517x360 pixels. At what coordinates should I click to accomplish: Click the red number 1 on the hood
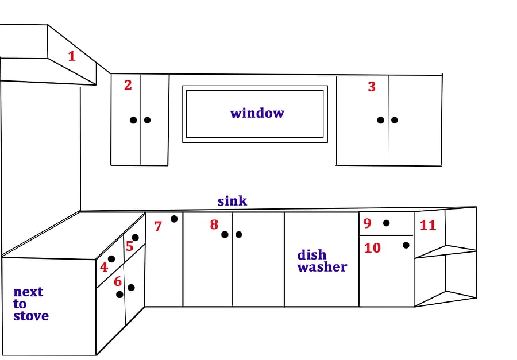tap(72, 56)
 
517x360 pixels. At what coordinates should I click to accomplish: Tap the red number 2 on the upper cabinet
tap(128, 85)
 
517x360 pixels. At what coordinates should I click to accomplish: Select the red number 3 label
tap(372, 87)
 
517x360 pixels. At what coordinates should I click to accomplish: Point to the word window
tap(257, 113)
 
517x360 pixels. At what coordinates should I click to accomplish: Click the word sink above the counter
tap(232, 201)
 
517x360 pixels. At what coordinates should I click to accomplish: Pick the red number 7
tap(158, 226)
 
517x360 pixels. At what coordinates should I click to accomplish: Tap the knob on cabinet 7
tap(174, 219)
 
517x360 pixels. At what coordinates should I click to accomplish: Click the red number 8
tap(214, 224)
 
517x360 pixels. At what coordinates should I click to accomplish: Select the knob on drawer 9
tap(386, 223)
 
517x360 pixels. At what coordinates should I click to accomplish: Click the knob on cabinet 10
tap(406, 245)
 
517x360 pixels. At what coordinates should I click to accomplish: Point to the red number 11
tap(428, 225)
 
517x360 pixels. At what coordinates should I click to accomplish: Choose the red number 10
tap(373, 248)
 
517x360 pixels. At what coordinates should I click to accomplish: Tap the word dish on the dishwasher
tap(311, 255)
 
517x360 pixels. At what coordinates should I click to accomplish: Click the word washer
tap(322, 267)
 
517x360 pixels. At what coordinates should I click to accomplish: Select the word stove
tap(31, 316)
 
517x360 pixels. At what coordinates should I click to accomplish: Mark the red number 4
tap(104, 267)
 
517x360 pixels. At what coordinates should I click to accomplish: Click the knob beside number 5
tap(135, 237)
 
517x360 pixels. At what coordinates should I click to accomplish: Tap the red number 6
tap(118, 281)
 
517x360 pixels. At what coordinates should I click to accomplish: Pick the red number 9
tap(367, 223)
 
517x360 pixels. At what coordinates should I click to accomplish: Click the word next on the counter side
tap(28, 292)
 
